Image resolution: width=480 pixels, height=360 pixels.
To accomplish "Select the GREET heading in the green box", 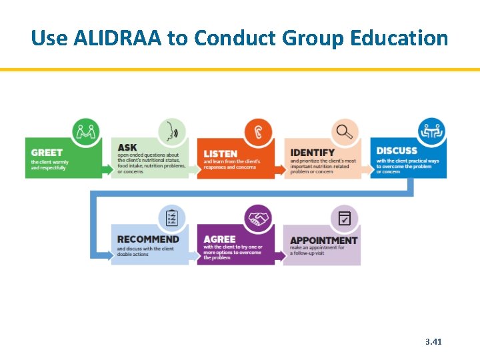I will pyautogui.click(x=47, y=153).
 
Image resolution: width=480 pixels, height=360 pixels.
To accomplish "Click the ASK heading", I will pyautogui.click(x=127, y=147).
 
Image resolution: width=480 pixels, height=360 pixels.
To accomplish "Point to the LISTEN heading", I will pyautogui.click(x=221, y=154).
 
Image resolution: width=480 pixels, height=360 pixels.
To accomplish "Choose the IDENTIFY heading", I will pyautogui.click(x=313, y=153).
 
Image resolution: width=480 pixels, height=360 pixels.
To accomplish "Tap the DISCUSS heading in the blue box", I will pyautogui.click(x=396, y=151).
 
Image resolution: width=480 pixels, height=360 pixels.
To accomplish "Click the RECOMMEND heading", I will pyautogui.click(x=148, y=239).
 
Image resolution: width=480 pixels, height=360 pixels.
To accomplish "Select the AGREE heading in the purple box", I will pyautogui.click(x=220, y=239).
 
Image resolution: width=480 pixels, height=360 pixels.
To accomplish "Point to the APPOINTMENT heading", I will pyautogui.click(x=324, y=240).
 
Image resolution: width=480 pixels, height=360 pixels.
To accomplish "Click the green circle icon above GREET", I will pyautogui.click(x=85, y=130).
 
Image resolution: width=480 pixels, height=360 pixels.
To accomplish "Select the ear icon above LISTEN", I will pyautogui.click(x=258, y=131).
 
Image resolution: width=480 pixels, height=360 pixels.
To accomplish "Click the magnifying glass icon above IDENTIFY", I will pyautogui.click(x=344, y=131).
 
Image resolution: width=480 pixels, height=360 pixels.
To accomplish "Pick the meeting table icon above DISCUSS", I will pyautogui.click(x=431, y=130).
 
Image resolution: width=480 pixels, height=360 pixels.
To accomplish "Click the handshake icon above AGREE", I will pyautogui.click(x=258, y=217).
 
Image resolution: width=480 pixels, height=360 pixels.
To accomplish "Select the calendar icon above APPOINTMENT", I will pyautogui.click(x=344, y=217).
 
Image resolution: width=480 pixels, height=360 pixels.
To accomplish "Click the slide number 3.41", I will pyautogui.click(x=433, y=342).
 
